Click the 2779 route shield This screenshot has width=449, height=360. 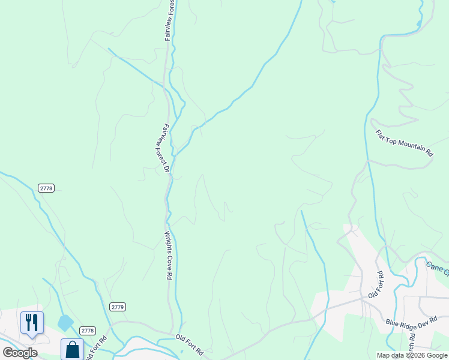[118, 307]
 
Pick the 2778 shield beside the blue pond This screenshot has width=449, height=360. [88, 331]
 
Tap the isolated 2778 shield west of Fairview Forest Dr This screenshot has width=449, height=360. [46, 188]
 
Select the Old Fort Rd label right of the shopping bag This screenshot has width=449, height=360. [95, 348]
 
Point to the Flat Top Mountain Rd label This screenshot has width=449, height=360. [404, 143]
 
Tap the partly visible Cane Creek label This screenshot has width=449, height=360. [438, 268]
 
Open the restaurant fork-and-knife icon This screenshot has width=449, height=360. [32, 323]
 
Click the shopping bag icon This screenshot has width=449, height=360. [72, 349]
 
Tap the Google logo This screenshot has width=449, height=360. [20, 353]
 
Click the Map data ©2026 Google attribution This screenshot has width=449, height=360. [412, 355]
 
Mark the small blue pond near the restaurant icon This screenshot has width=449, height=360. [65, 323]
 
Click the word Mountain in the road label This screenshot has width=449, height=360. [405, 144]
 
